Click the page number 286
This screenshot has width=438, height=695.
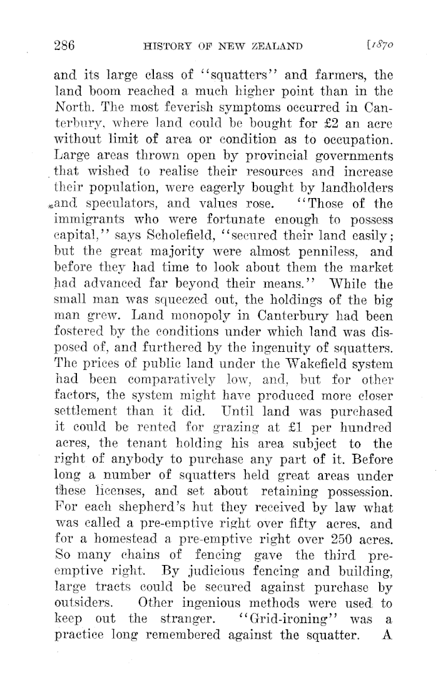64,45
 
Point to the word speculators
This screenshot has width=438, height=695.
116,204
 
